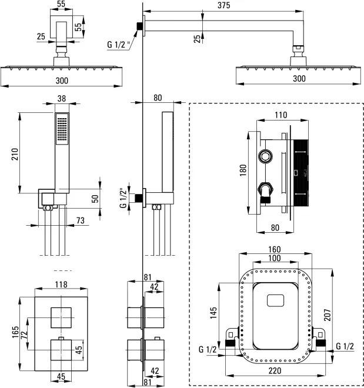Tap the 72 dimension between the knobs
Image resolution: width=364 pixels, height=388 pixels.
pos(24,333)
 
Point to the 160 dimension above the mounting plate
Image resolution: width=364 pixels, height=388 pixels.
pos(274,249)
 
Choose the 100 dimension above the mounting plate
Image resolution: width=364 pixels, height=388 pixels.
pos(275,259)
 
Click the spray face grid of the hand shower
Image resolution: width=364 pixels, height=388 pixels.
pos(61,129)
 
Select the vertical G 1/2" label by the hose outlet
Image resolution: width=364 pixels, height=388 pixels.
pos(123,198)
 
